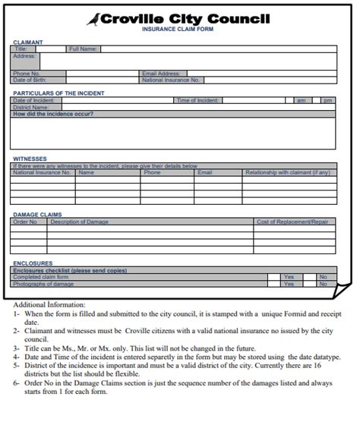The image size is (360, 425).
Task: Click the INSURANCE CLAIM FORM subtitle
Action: [179, 30]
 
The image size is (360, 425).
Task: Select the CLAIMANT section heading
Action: [28, 42]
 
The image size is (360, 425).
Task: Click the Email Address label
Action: [161, 74]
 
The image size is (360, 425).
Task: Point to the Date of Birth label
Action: [30, 80]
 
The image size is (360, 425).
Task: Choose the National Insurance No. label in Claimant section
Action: [172, 80]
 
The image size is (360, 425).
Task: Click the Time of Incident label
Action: [197, 100]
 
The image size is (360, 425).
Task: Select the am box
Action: [301, 100]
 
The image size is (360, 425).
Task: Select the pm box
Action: [327, 100]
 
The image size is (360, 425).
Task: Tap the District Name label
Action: [30, 107]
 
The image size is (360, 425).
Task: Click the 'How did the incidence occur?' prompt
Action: [53, 114]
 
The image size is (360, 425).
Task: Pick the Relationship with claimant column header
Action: [287, 172]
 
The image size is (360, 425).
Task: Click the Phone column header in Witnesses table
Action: [153, 172]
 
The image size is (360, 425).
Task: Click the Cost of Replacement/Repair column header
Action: [292, 222]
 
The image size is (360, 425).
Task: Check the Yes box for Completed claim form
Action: [289, 277]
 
